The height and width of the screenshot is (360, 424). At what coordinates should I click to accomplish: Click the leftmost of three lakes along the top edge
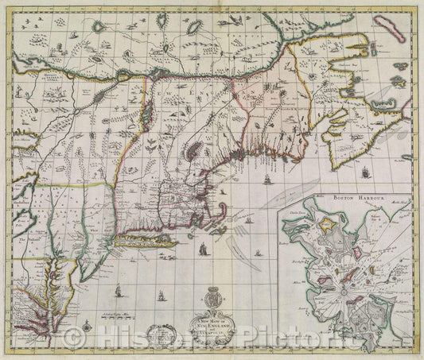99,25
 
